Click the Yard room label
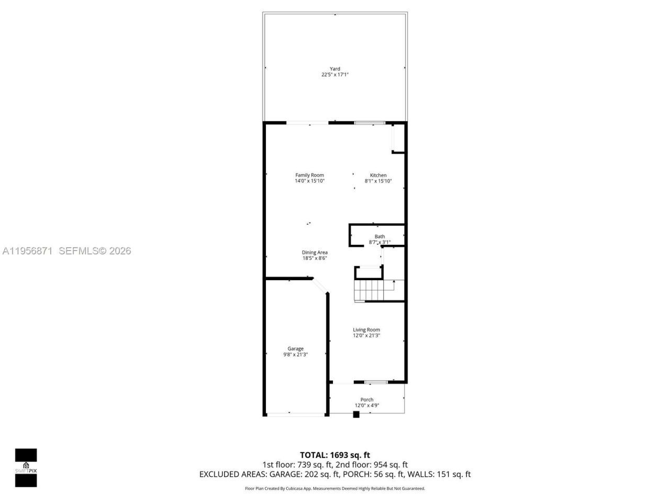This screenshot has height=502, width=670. tap(334, 69)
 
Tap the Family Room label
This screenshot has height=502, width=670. tap(309, 175)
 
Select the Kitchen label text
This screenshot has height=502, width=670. tap(378, 175)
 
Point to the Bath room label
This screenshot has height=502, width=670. tap(379, 236)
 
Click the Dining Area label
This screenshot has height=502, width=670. tap(315, 253)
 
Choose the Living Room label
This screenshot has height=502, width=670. tap(366, 329)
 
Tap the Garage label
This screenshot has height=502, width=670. tap(295, 349)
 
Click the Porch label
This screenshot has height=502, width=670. tap(367, 400)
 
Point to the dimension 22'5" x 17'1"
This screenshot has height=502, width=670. tap(335, 75)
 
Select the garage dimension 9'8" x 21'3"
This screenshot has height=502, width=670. tap(295, 355)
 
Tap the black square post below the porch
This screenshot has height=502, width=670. tap(356, 415)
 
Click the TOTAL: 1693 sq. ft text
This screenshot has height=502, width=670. tap(335, 455)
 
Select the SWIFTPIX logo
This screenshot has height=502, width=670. tap(26, 467)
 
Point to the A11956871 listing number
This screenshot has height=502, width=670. tap(27, 251)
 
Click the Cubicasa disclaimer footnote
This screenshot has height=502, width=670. tap(335, 488)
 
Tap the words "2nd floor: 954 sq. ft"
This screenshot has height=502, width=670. tap(375, 464)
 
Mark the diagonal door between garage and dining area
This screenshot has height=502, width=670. tap(320, 286)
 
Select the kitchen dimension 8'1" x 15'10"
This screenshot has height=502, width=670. tap(378, 181)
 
